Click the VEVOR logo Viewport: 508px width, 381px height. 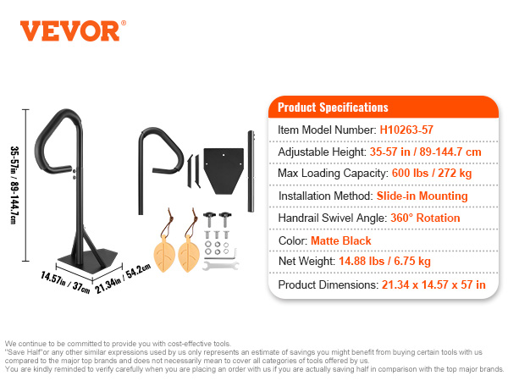[x=73, y=31]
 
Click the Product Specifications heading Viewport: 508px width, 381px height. [x=333, y=108]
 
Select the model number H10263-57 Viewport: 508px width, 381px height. [x=406, y=130]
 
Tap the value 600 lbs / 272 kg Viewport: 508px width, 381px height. [x=432, y=173]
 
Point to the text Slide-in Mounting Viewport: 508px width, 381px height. [x=422, y=196]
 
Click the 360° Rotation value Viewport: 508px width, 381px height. [x=425, y=218]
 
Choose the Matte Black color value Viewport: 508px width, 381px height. [x=341, y=240]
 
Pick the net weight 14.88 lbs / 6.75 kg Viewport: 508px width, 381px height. [x=384, y=261]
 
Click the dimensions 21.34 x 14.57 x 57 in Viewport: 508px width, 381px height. [x=433, y=284]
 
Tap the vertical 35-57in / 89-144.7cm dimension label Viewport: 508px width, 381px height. [x=14, y=185]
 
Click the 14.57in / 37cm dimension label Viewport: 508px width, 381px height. [x=65, y=283]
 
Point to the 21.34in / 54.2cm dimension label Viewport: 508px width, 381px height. [x=123, y=279]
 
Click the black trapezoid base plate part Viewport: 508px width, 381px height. [x=224, y=170]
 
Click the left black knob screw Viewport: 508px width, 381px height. [x=209, y=219]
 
